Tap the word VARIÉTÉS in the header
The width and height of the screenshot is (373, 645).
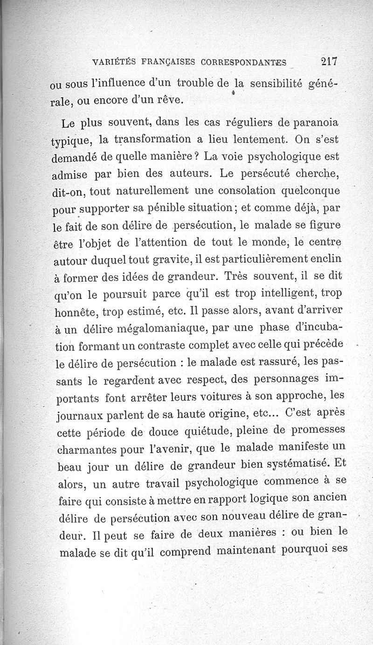click(x=113, y=61)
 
